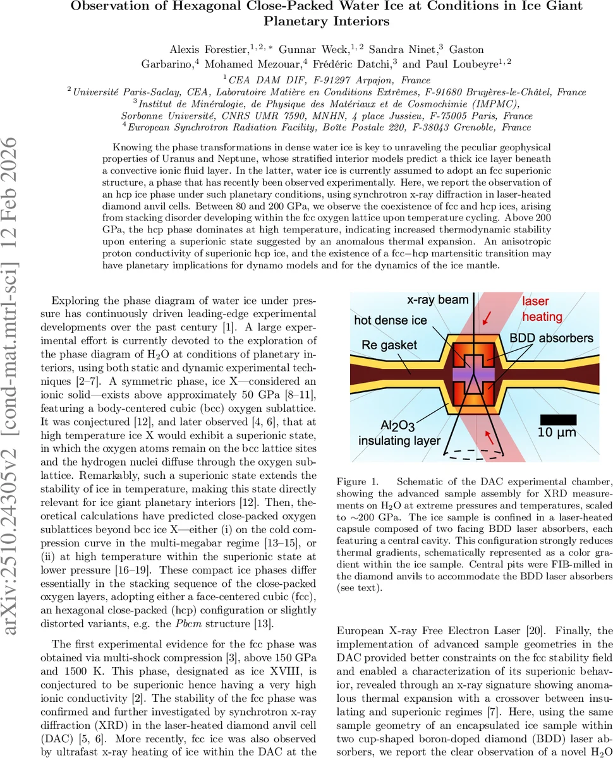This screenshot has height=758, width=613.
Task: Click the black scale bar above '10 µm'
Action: click(558, 419)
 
